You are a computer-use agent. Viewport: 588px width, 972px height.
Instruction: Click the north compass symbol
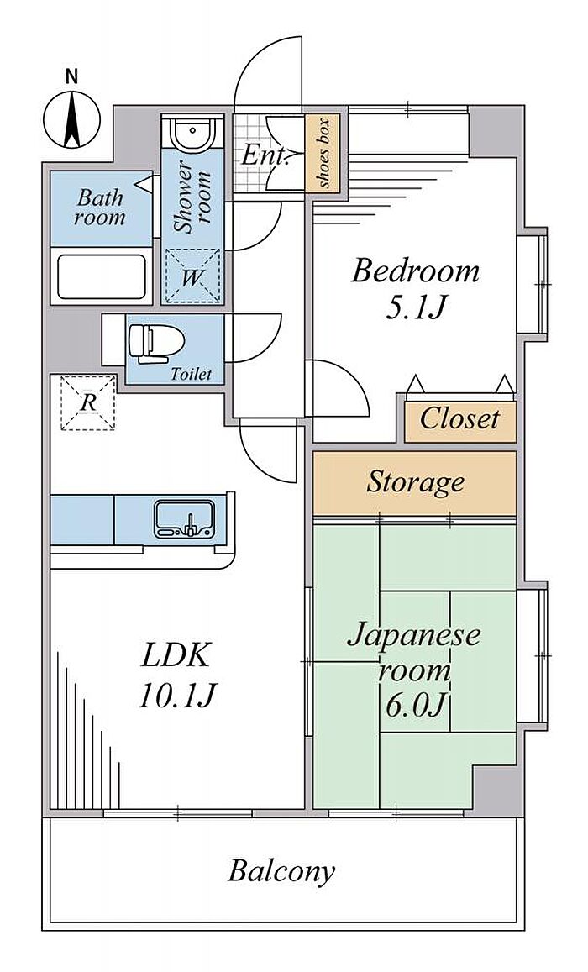pyautogui.click(x=72, y=119)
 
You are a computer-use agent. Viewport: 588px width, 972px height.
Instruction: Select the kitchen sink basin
pyautogui.click(x=185, y=518)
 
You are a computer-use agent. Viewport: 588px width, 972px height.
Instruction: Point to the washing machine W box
pyautogui.click(x=192, y=276)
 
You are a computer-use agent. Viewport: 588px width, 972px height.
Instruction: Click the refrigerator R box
pyautogui.click(x=87, y=402)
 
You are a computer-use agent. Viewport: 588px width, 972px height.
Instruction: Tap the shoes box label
pyautogui.click(x=323, y=153)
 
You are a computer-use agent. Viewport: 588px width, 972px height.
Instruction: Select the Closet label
pyautogui.click(x=459, y=419)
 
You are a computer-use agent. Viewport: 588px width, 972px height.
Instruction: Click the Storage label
pyautogui.click(x=415, y=481)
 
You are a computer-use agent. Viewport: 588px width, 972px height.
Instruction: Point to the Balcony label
pyautogui.click(x=281, y=871)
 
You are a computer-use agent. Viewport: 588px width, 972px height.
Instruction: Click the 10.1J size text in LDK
pyautogui.click(x=176, y=697)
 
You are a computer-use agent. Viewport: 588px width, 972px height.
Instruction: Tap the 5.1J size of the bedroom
pyautogui.click(x=415, y=307)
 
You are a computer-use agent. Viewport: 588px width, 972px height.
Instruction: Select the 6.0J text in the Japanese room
pyautogui.click(x=416, y=705)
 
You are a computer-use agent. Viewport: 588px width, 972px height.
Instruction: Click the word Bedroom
pyautogui.click(x=415, y=271)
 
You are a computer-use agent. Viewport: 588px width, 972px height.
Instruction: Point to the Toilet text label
pyautogui.click(x=191, y=374)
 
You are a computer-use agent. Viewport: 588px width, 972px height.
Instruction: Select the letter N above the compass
pyautogui.click(x=72, y=77)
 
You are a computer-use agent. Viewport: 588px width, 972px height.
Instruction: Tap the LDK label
pyautogui.click(x=176, y=656)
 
